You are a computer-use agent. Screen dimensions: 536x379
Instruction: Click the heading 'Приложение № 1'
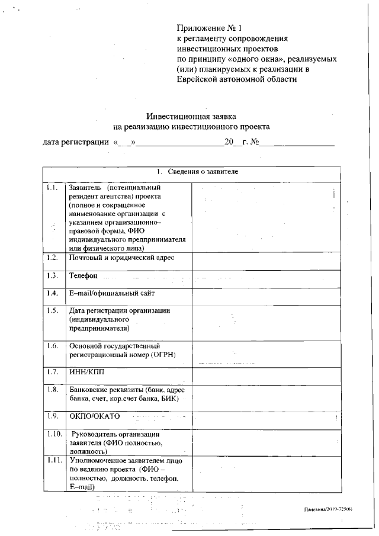tap(210, 28)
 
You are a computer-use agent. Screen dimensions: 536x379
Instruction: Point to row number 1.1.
tap(52, 188)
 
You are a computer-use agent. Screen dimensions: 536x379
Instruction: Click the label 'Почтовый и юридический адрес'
tap(121, 258)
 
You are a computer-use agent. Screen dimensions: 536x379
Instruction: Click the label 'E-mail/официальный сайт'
tap(113, 293)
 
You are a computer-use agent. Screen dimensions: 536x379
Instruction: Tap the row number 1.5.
tap(52, 310)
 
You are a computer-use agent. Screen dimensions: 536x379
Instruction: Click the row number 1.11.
tap(53, 460)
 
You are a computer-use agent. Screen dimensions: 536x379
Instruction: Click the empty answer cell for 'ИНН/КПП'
tap(266, 376)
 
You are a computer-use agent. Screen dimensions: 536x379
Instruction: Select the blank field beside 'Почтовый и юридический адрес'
tap(266, 261)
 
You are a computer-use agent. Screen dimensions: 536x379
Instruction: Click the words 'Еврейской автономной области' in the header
tap(237, 79)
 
